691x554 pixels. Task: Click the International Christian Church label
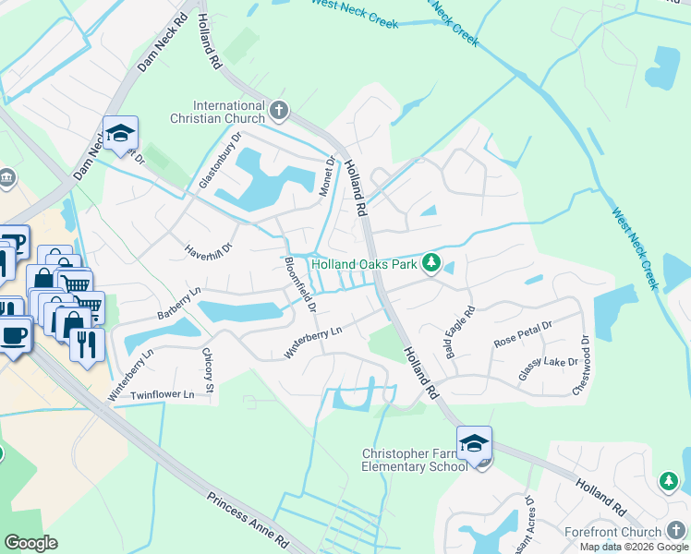(x=218, y=112)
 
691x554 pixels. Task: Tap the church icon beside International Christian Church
(x=279, y=113)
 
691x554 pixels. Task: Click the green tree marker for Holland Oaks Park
(x=430, y=264)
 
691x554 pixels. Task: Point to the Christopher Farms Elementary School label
(x=414, y=460)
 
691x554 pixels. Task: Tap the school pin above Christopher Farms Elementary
(x=474, y=444)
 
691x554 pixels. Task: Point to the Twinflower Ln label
(x=163, y=394)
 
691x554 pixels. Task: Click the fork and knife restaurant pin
(x=88, y=344)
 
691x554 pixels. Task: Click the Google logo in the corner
(x=30, y=542)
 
